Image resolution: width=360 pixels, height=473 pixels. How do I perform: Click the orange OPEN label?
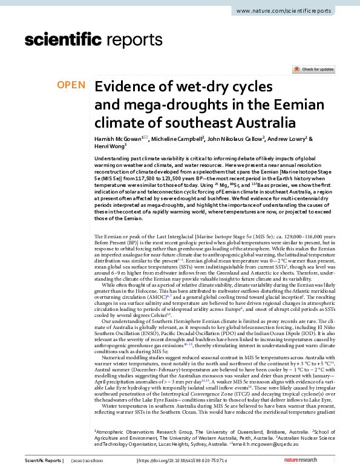click(x=71, y=85)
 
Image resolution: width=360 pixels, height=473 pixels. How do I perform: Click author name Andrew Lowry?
click(x=305, y=139)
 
